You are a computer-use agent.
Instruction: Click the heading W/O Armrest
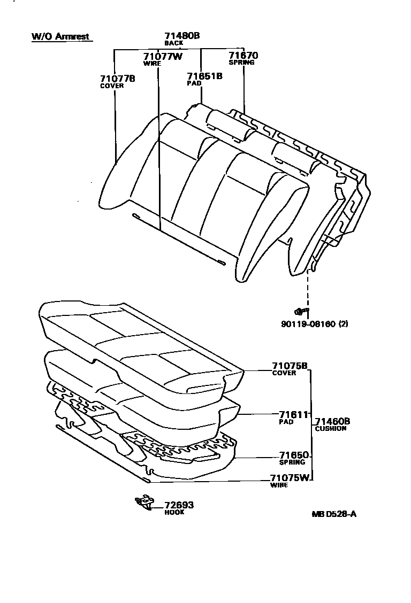[x=60, y=37]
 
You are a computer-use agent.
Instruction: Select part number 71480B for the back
[x=182, y=36]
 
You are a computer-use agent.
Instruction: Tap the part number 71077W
[x=163, y=56]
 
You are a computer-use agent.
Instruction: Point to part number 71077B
[x=117, y=79]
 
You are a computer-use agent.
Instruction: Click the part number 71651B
[x=204, y=76]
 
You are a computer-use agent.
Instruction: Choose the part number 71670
[x=243, y=55]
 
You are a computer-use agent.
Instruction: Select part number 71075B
[x=290, y=366]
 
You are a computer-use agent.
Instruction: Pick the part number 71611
[x=293, y=414]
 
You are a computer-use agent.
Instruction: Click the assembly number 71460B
[x=332, y=421]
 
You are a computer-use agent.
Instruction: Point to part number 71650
[x=294, y=455]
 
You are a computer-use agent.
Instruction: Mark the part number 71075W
[x=290, y=478]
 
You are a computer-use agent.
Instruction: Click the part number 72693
[x=179, y=505]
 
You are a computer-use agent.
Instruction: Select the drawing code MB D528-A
[x=334, y=514]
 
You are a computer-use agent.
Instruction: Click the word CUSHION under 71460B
[x=330, y=428]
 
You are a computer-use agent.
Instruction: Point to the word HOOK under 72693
[x=174, y=512]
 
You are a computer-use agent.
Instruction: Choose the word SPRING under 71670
[x=241, y=63]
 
